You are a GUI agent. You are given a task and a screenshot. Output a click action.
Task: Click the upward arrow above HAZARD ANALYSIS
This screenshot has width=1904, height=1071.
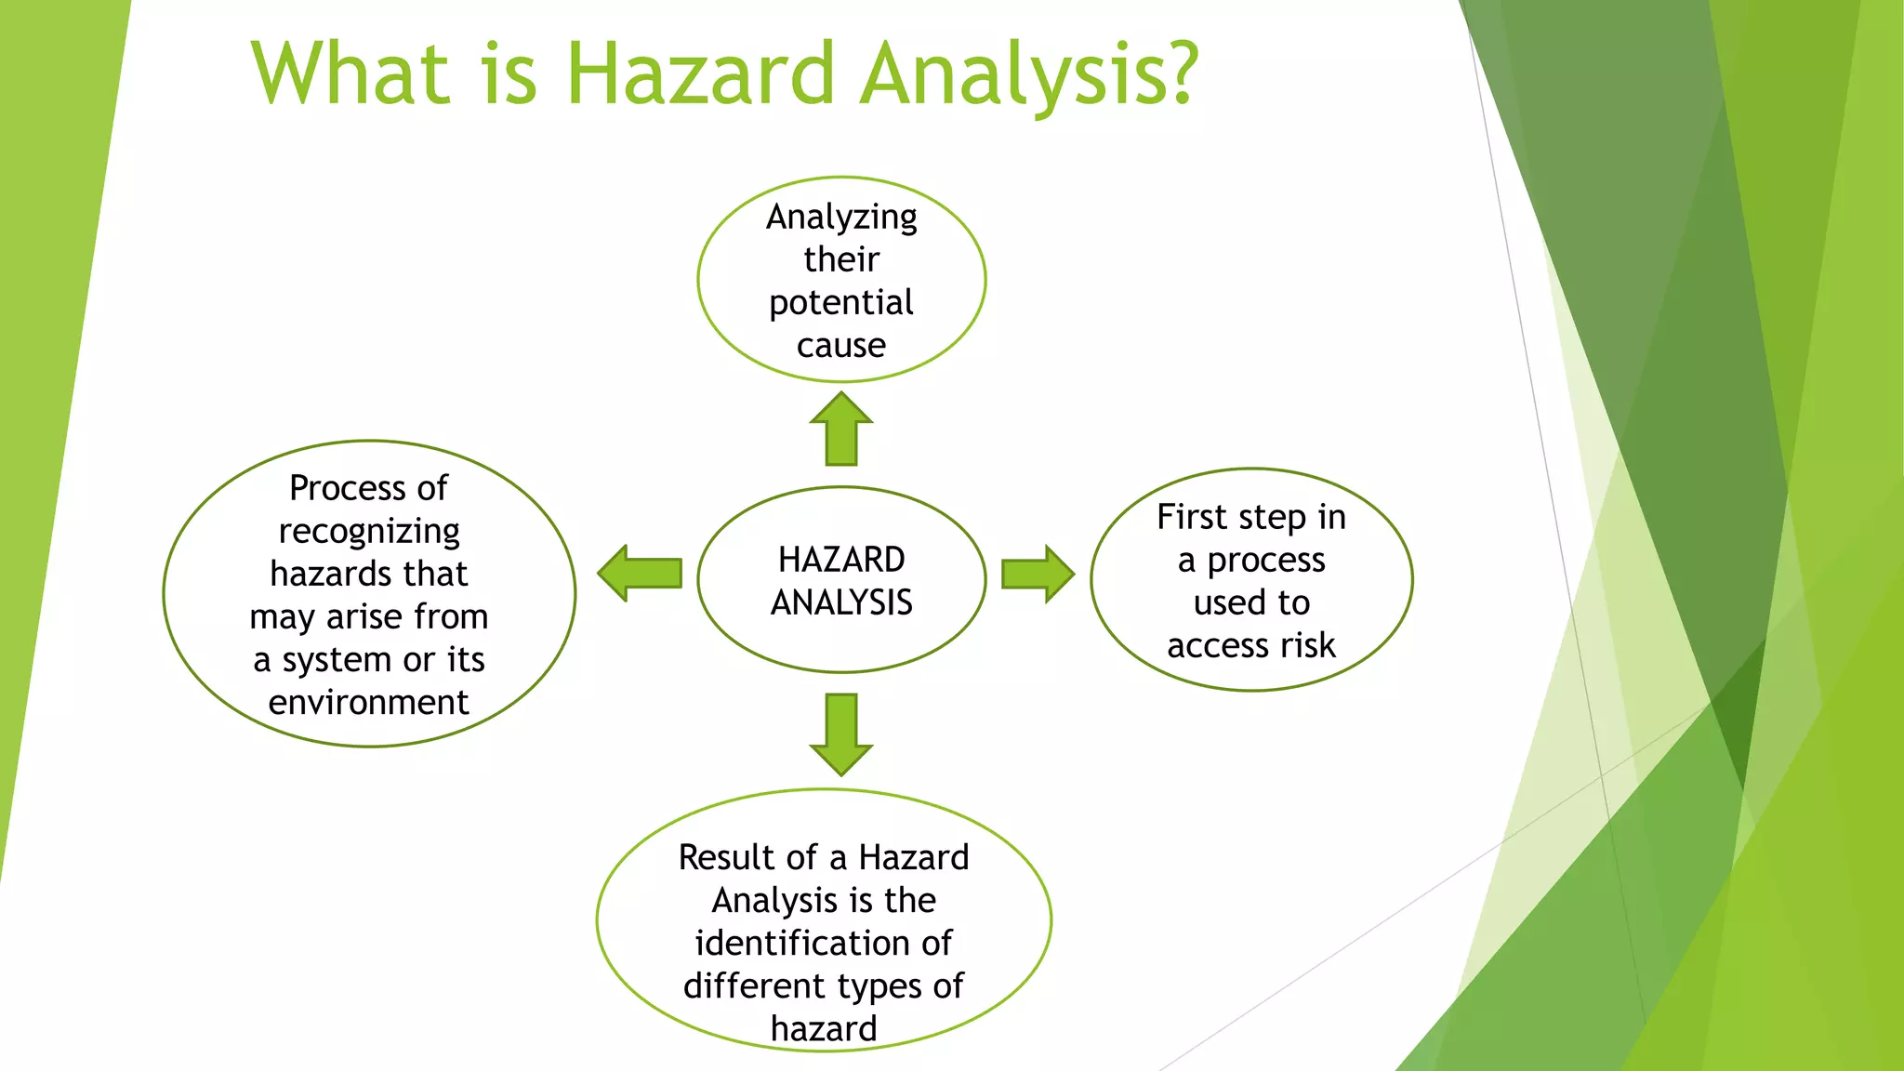click(x=841, y=429)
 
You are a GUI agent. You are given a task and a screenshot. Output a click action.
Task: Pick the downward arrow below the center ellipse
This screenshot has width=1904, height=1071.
click(x=841, y=734)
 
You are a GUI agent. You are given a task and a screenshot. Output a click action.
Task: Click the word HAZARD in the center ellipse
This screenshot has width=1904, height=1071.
click(x=841, y=560)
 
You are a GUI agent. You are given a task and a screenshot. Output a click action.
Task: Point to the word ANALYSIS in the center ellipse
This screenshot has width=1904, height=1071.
click(x=841, y=603)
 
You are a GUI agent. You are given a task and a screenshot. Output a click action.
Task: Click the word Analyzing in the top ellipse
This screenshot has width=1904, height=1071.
click(x=841, y=218)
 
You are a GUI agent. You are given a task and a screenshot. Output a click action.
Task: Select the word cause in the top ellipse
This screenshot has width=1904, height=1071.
click(x=841, y=346)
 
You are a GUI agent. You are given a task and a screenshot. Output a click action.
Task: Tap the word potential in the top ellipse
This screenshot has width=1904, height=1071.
click(x=841, y=303)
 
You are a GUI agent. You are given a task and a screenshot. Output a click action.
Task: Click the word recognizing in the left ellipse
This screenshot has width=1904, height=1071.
click(x=369, y=532)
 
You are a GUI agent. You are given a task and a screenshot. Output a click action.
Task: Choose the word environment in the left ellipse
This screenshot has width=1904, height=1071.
click(x=369, y=703)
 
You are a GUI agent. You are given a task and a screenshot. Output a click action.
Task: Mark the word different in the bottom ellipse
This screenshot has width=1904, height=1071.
click(x=754, y=986)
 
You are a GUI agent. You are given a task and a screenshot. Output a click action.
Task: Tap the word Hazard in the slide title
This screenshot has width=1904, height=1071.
click(x=700, y=74)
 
